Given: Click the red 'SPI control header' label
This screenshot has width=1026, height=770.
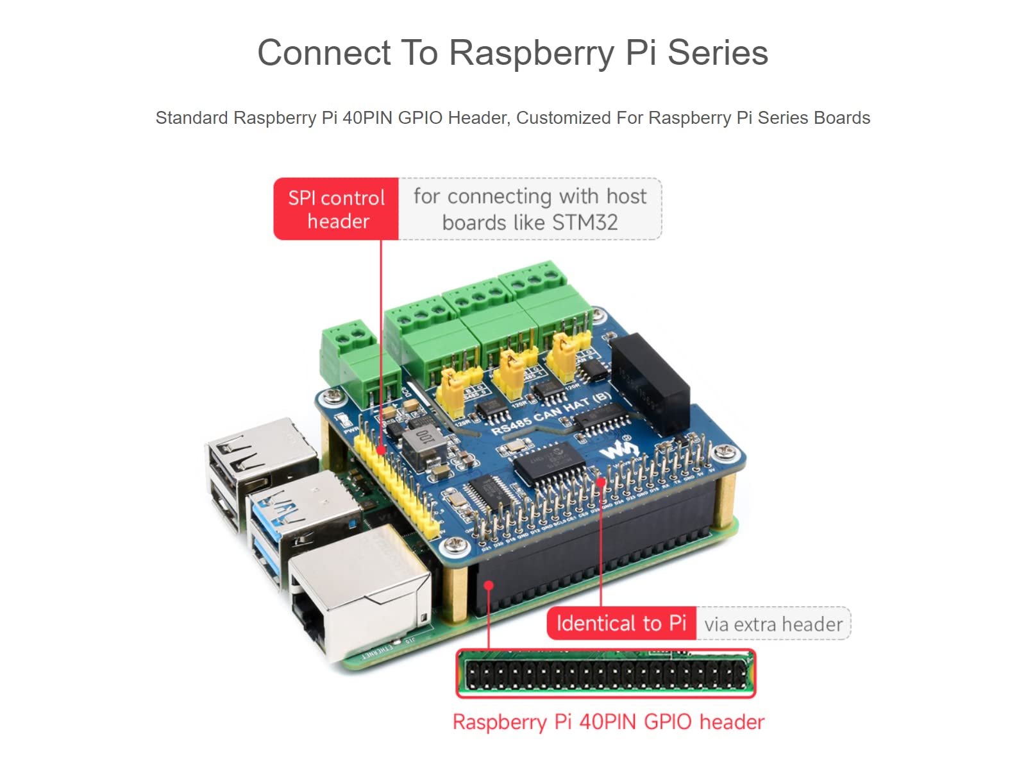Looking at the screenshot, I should (336, 209).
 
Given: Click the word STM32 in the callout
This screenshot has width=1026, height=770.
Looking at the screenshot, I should (584, 223).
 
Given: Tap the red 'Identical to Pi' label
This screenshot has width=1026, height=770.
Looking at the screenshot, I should (621, 623).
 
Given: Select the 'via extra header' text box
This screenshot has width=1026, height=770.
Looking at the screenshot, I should (773, 624).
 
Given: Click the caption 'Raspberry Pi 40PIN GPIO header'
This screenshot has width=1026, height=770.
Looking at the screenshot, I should (608, 722).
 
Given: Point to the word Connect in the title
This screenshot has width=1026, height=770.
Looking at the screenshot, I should (324, 53).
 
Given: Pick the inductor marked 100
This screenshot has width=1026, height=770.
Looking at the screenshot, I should (423, 444).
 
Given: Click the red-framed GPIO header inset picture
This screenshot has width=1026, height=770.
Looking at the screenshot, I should (605, 674).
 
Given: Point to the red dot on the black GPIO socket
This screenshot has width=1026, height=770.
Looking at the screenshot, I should (489, 585).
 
